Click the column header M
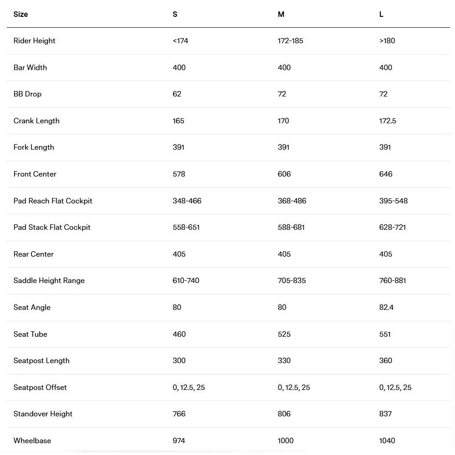tap(281, 14)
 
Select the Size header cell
tap(20, 14)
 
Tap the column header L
tap(381, 14)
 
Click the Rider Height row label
tap(34, 40)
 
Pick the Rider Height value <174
tap(180, 40)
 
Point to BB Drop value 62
tap(177, 94)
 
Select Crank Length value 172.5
tap(388, 121)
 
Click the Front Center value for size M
tap(284, 174)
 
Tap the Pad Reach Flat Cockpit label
tap(53, 201)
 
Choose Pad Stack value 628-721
tap(392, 227)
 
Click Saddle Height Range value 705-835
tap(292, 280)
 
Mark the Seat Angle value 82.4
tap(386, 307)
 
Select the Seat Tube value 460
tap(179, 334)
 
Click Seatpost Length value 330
tap(284, 360)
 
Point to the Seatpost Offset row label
tap(40, 387)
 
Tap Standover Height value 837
tap(385, 414)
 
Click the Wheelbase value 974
tap(179, 440)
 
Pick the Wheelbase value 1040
tap(387, 440)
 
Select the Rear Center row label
tap(34, 254)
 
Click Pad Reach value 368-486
tap(292, 201)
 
